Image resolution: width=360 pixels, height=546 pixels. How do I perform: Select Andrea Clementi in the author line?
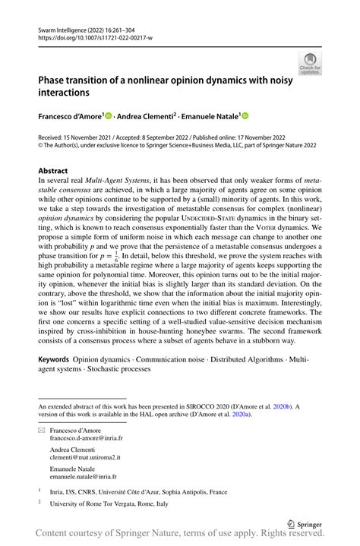[146, 116]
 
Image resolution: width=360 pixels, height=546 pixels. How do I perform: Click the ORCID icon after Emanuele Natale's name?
[245, 116]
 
